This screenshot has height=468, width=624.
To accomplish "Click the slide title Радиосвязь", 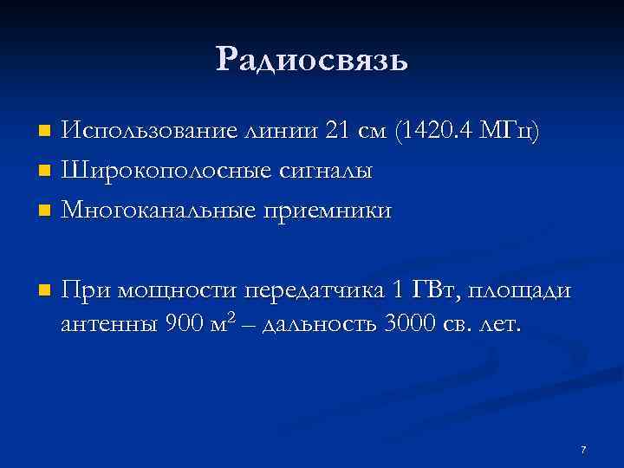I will [312, 59].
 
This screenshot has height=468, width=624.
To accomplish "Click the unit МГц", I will [515, 132].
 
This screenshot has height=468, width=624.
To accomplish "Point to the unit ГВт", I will [432, 289].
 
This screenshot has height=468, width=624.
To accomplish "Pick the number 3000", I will [410, 326].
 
